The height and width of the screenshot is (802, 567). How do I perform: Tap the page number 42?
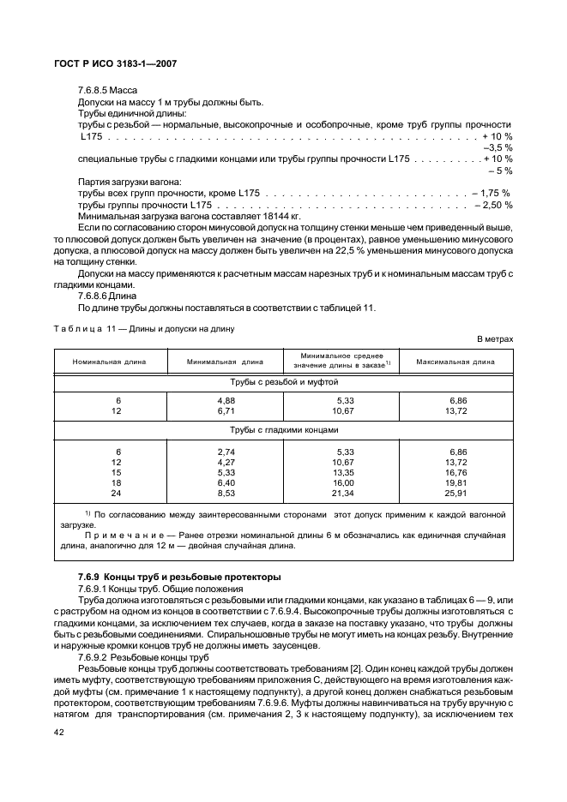(x=59, y=733)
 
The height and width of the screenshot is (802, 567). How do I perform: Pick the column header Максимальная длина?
(x=455, y=362)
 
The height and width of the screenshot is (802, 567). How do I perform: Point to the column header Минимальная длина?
(x=225, y=362)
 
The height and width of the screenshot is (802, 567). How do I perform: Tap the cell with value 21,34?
(x=342, y=494)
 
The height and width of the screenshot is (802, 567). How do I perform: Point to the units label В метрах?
(x=495, y=339)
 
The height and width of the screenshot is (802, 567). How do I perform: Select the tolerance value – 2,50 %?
(x=492, y=206)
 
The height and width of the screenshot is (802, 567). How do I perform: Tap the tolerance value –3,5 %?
(x=498, y=147)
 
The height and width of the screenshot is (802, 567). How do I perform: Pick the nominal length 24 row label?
(x=118, y=494)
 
